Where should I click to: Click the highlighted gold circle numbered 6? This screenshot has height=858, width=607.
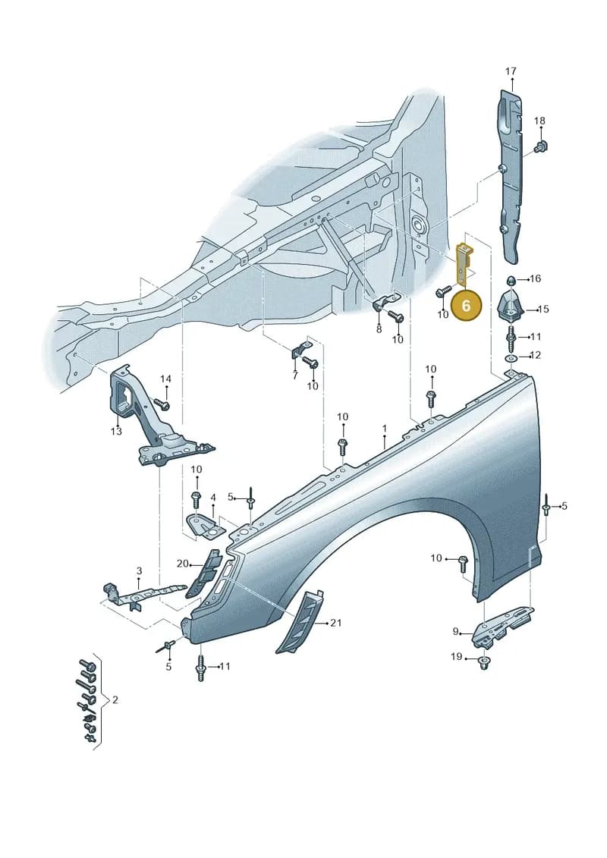pos(466,305)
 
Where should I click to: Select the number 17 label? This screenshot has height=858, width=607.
pos(511,71)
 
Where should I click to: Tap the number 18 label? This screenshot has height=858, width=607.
pos(539,121)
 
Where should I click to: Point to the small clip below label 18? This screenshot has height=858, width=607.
pos(541,146)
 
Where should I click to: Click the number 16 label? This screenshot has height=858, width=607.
pos(536,278)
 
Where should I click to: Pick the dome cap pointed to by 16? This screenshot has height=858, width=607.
pos(510,280)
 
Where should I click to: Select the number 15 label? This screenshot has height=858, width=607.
pos(543,310)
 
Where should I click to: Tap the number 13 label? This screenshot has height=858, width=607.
pos(116,431)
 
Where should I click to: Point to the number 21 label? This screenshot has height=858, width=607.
pos(336,623)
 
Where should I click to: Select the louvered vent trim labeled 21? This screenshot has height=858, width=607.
pos(299,621)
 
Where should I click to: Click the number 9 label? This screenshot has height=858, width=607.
pos(455,631)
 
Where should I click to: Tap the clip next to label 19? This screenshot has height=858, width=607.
pos(483,663)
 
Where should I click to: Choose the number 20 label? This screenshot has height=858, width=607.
pos(182,564)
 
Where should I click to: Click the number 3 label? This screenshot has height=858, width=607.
pos(139,570)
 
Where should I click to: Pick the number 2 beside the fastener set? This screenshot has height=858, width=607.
pos(115,700)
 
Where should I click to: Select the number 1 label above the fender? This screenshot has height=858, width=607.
pos(385,428)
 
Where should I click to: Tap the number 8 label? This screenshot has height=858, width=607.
pos(379,329)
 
